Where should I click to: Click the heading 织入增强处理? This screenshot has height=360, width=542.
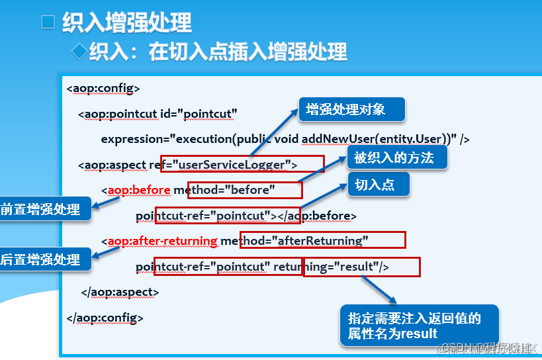(x=126, y=23)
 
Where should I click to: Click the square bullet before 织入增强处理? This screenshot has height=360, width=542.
(x=48, y=22)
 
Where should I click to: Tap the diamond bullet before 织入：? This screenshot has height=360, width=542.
(x=79, y=51)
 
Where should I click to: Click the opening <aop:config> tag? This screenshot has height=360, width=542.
(x=103, y=88)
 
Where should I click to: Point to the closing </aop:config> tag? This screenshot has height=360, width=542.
(x=105, y=318)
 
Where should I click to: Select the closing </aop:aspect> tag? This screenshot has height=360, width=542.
(x=120, y=292)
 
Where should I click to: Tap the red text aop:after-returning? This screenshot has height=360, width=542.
(x=162, y=240)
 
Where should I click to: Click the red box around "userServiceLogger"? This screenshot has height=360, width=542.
(x=242, y=164)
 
